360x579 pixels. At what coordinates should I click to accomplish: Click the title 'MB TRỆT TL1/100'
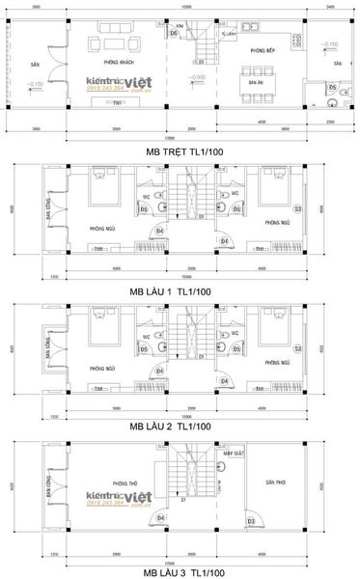coord(180,152)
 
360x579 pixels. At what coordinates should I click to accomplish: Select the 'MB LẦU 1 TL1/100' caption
coord(180,290)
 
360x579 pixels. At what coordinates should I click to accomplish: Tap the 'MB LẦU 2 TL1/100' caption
coord(180,425)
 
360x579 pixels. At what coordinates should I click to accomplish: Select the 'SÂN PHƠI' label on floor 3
coord(276,482)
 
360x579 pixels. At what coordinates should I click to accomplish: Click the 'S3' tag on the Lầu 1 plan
coord(297,208)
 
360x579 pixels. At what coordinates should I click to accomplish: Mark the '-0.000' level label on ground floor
coord(198,76)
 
